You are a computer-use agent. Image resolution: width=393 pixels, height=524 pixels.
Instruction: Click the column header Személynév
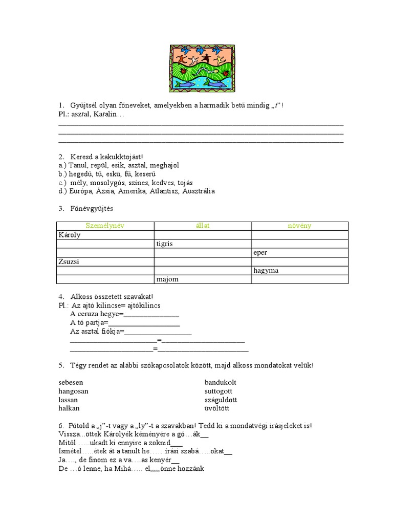[x=105, y=226]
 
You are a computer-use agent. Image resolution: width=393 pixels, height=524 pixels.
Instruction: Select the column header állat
[x=202, y=226]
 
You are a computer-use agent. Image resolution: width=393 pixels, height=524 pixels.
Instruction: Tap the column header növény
[x=299, y=226]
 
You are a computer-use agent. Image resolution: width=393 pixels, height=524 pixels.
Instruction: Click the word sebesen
[x=71, y=382]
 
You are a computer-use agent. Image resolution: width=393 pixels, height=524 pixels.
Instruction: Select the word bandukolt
[x=221, y=382]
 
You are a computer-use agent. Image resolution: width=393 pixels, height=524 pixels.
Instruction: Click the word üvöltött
[x=217, y=408]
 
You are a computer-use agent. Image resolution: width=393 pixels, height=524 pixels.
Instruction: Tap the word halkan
[x=69, y=408]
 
